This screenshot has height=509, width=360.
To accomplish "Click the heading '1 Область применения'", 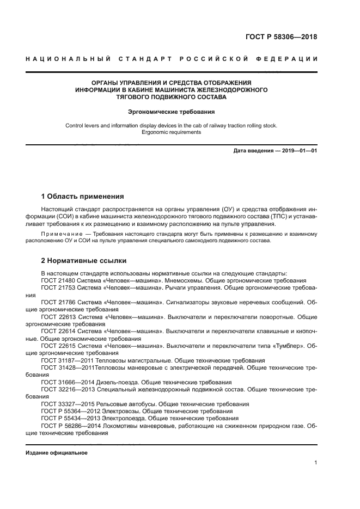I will point(83,196).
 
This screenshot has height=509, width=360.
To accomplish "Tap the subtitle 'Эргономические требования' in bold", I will point(171,112).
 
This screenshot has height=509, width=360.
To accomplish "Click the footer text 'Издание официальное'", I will point(57,453).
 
